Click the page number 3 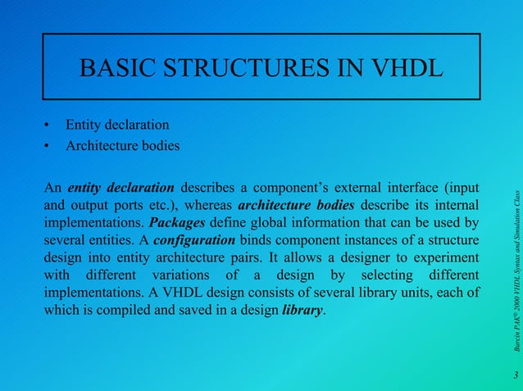515,375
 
